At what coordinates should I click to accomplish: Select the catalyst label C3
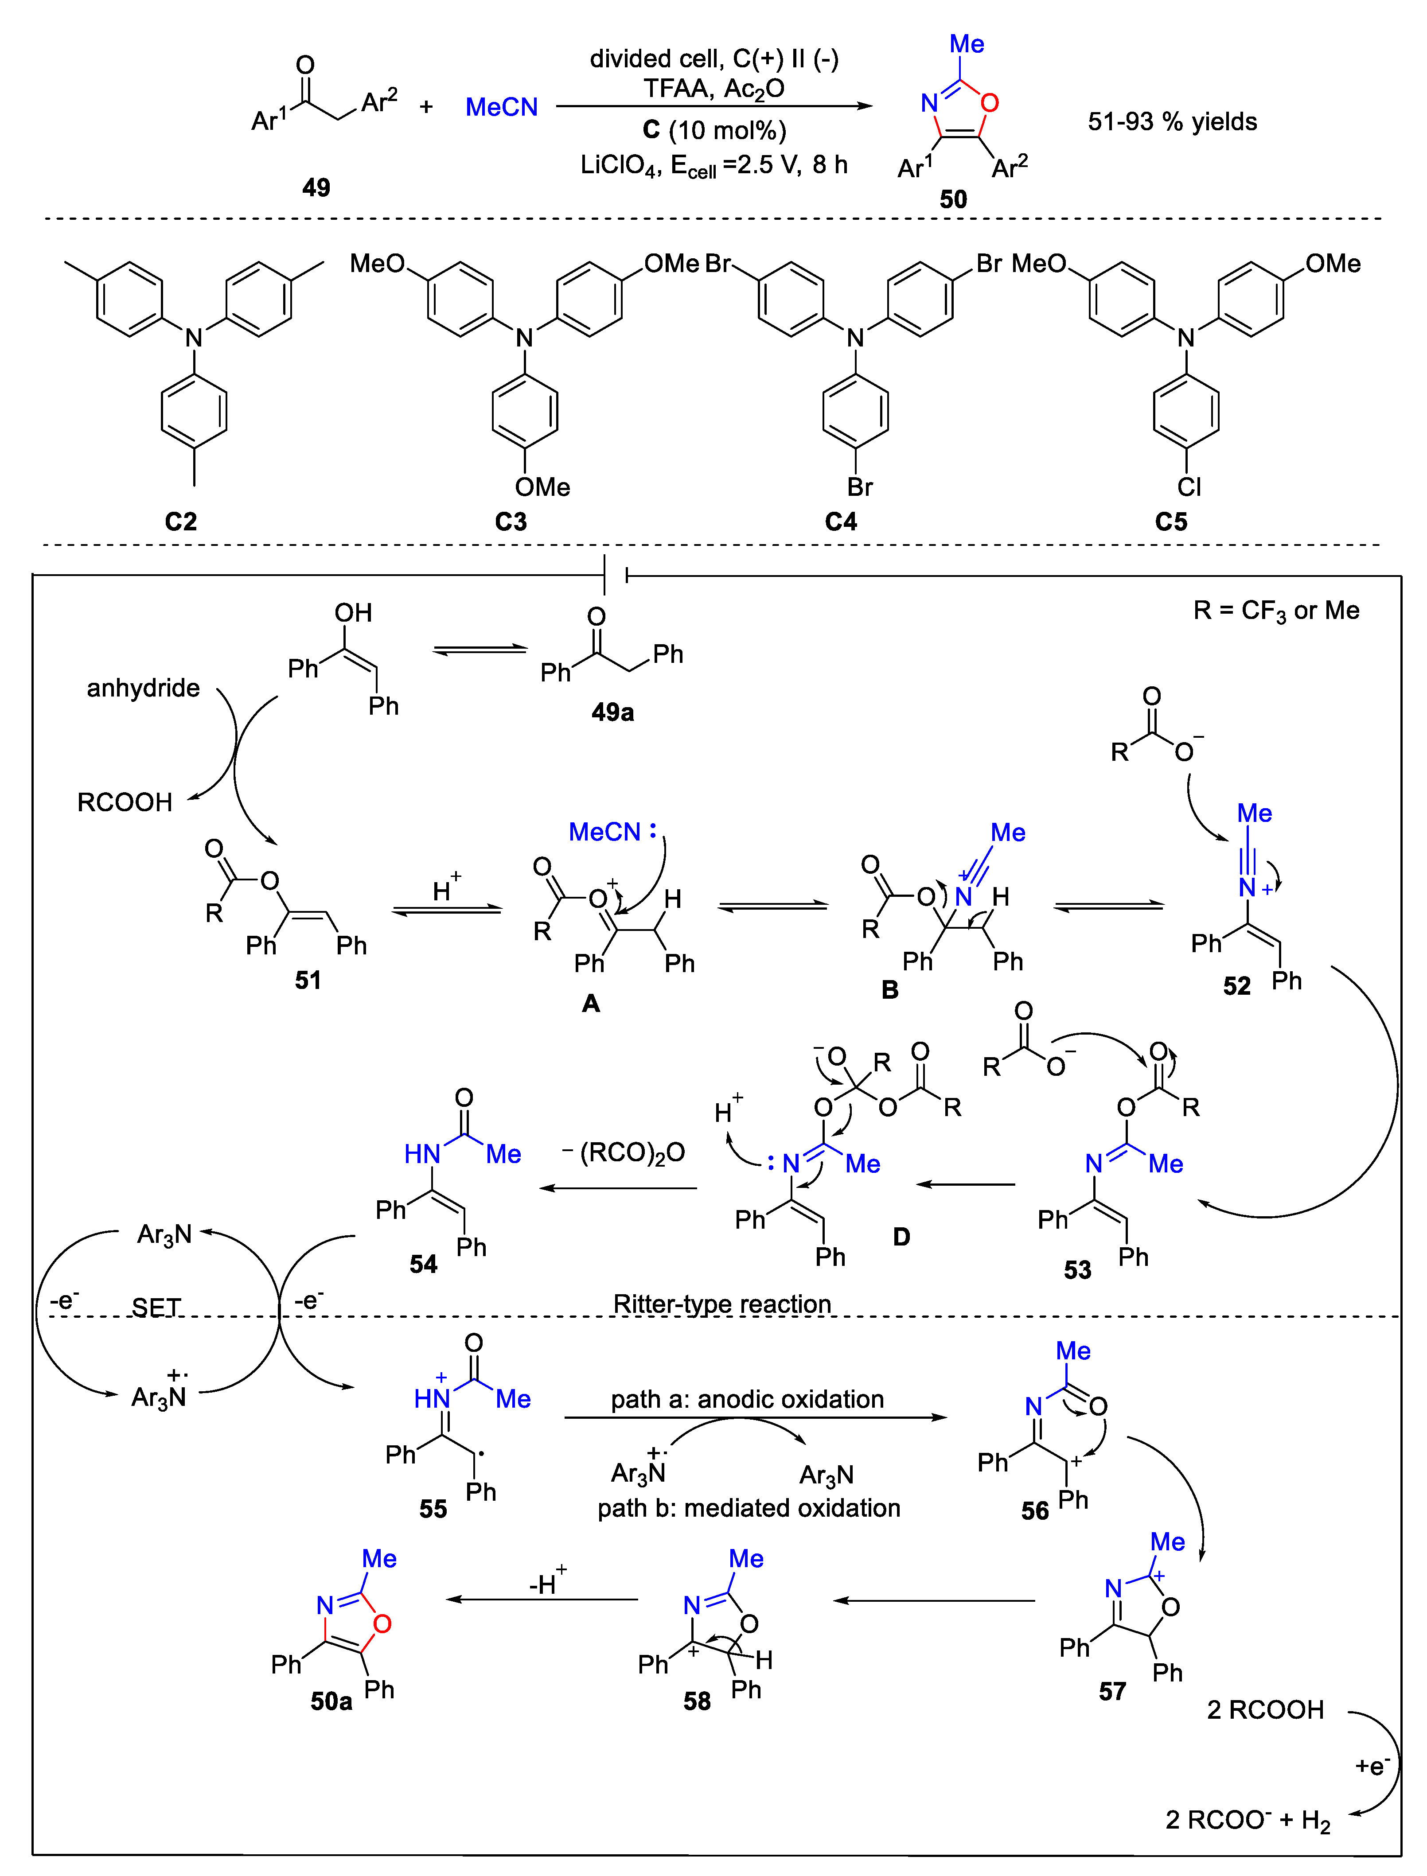tap(511, 522)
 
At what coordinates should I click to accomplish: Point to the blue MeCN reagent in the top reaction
tap(501, 107)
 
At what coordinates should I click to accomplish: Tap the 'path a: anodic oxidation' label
tap(748, 1399)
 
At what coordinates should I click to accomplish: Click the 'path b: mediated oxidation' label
tap(749, 1507)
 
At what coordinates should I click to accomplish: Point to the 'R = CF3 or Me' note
tap(1276, 611)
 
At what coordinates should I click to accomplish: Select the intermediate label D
tap(901, 1237)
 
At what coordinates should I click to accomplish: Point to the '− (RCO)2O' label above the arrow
tap(624, 1152)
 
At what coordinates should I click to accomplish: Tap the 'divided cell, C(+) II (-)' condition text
tap(713, 58)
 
